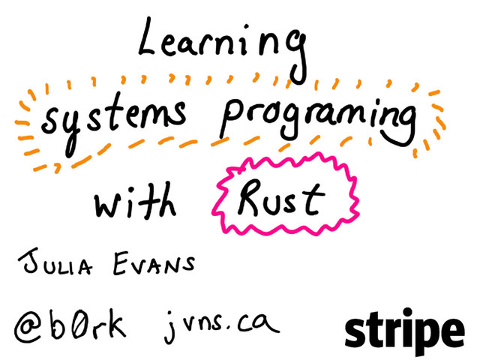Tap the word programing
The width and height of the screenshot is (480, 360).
[319, 120]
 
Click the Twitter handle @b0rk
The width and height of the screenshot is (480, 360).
[70, 325]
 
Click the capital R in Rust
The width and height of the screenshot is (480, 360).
[247, 196]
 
